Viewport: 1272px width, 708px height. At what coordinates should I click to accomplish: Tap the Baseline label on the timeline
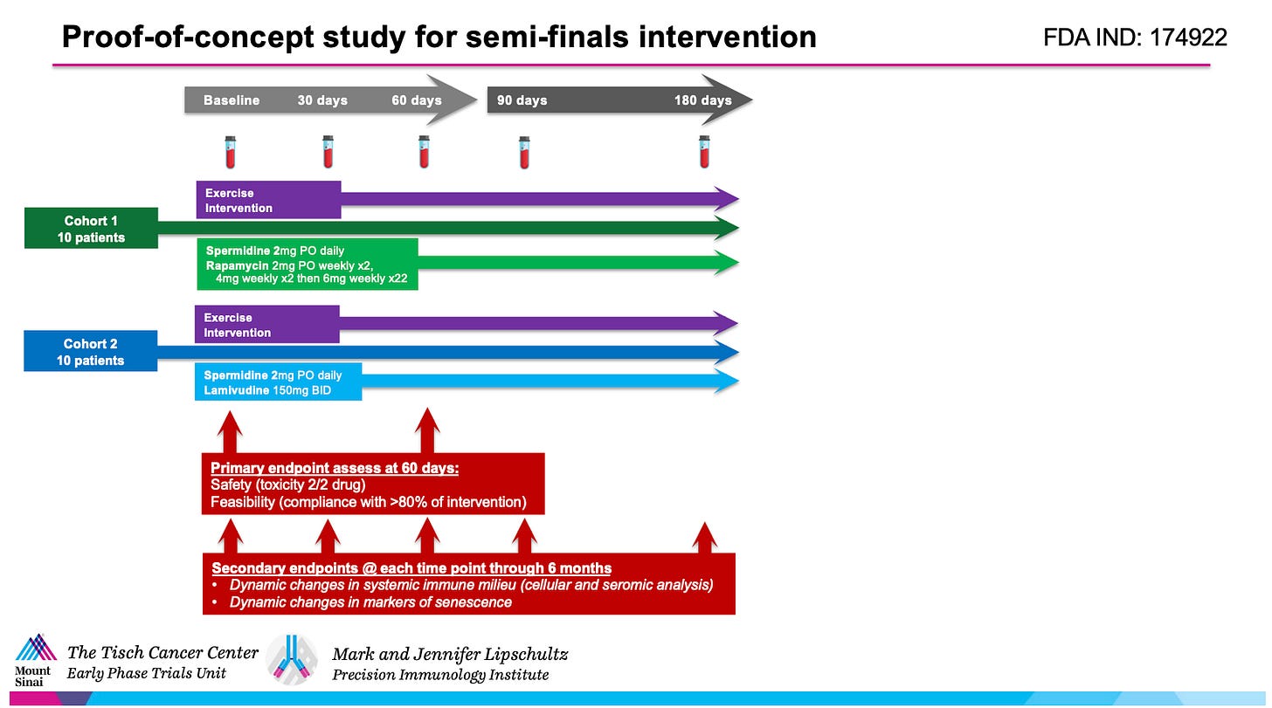232,100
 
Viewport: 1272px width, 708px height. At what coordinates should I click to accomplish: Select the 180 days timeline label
702,100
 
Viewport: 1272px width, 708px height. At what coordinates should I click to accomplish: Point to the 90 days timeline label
522,100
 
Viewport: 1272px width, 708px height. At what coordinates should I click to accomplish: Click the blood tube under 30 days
328,152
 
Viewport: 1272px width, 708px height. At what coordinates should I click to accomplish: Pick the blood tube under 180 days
704,152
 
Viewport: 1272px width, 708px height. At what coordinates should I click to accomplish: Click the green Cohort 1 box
91,228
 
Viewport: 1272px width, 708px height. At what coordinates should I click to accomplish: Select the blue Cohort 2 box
90,352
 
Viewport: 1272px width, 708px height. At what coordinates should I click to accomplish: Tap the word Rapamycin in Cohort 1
237,265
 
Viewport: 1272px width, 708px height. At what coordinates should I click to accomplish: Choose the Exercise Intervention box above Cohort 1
268,200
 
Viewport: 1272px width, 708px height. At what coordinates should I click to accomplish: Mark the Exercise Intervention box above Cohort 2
266,324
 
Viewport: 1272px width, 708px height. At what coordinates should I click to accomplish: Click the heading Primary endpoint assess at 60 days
335,468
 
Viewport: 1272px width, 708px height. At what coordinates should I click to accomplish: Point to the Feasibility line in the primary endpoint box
368,501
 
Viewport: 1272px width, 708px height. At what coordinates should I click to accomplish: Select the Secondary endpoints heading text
411,567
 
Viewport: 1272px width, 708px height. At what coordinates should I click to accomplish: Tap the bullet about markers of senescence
370,601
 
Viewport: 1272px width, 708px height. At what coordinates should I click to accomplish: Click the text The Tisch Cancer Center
163,653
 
